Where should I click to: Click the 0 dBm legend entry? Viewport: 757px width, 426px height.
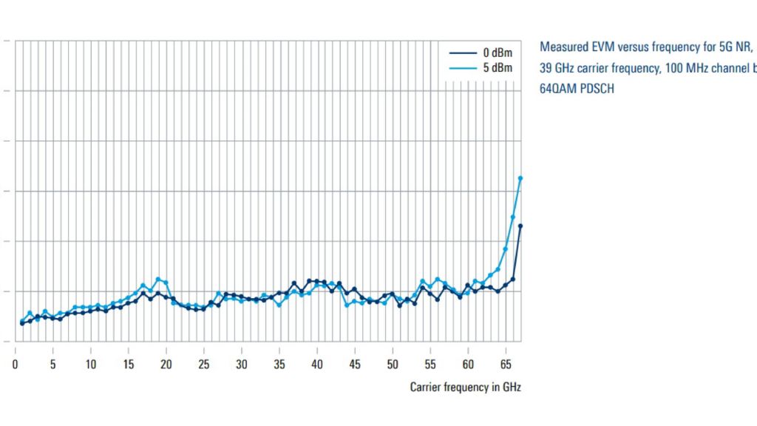click(x=481, y=53)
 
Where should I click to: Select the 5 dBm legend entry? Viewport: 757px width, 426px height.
click(x=481, y=68)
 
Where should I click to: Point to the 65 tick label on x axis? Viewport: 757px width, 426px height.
click(x=506, y=365)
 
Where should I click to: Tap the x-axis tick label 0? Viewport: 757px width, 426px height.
click(x=16, y=365)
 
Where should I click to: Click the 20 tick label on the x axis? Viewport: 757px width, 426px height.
click(x=166, y=365)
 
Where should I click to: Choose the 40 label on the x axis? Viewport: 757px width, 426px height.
click(x=316, y=365)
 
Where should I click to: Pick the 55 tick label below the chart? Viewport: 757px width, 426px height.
click(x=430, y=365)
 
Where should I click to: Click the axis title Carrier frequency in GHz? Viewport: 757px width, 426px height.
click(x=466, y=387)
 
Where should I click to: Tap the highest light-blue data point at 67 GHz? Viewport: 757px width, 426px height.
click(x=520, y=179)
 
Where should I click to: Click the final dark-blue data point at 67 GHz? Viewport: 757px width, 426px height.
click(x=520, y=226)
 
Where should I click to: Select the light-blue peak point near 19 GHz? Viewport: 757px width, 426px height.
click(x=158, y=279)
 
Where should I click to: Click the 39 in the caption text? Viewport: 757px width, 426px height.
click(x=546, y=68)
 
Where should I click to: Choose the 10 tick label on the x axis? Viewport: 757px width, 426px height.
click(x=91, y=365)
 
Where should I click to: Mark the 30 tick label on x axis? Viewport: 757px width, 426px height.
click(x=242, y=365)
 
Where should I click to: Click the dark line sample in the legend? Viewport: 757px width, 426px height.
click(x=463, y=53)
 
